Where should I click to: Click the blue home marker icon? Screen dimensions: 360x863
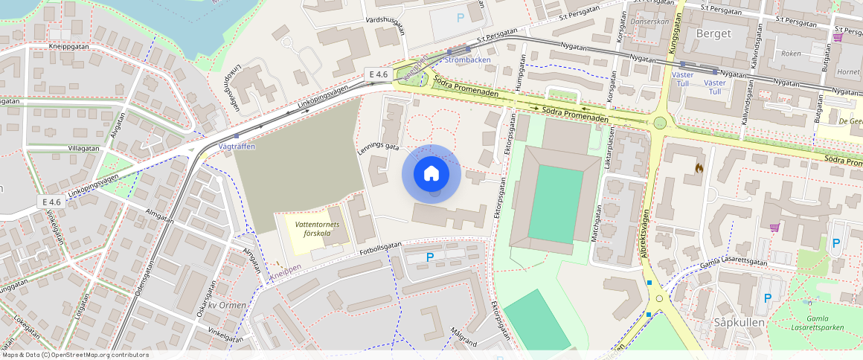pyautogui.click(x=431, y=174)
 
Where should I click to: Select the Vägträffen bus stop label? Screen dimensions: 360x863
pyautogui.click(x=237, y=147)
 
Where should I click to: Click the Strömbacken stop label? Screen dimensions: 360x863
pyautogui.click(x=466, y=59)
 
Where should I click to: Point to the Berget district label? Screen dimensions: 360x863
pyautogui.click(x=713, y=33)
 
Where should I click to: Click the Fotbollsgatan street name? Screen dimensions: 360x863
pyautogui.click(x=380, y=245)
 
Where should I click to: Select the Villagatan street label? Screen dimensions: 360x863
pyautogui.click(x=83, y=148)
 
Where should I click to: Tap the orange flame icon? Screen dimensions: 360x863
pyautogui.click(x=699, y=169)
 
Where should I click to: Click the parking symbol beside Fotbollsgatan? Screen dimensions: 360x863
pyautogui.click(x=429, y=257)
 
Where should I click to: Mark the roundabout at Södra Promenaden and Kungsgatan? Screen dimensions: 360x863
pyautogui.click(x=659, y=123)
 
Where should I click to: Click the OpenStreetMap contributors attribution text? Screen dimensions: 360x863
pyautogui.click(x=75, y=355)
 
